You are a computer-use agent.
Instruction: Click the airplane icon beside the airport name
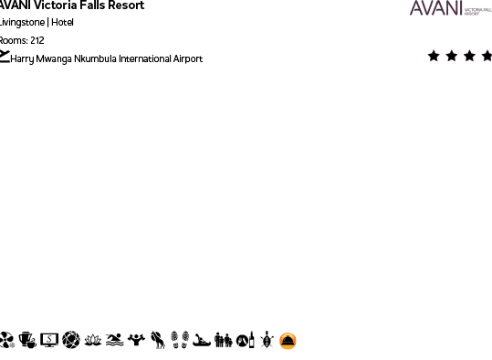pos(5,58)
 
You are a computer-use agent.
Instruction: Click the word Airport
pos(188,59)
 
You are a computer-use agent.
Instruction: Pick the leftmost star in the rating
pos(434,56)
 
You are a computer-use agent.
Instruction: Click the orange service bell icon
pos(288,341)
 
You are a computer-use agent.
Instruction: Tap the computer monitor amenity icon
pos(49,341)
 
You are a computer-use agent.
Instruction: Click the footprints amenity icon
pos(180,341)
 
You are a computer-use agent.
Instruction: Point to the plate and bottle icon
pos(246,341)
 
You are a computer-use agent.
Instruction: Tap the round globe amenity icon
pos(71,341)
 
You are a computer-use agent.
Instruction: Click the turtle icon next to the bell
pos(267,341)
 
